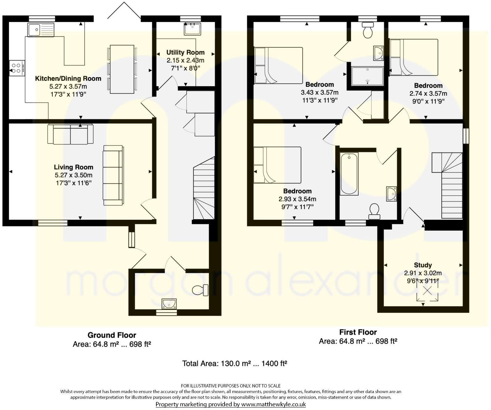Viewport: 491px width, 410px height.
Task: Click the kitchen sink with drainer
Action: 40,30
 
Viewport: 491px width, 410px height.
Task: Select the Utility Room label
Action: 185,52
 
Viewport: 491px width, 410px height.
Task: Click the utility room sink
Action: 192,29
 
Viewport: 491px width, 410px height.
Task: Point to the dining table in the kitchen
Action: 122,69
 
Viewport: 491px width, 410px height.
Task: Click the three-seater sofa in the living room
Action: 113,175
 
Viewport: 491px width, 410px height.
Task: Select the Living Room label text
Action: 73,167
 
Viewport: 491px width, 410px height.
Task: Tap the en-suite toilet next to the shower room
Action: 368,30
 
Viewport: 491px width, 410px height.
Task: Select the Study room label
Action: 423,265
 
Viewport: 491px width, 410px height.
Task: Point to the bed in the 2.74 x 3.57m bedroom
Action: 414,57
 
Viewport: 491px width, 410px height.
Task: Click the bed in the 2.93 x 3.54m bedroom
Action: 277,165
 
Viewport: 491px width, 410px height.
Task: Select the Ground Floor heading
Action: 112,335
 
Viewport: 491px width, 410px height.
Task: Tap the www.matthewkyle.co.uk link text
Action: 273,404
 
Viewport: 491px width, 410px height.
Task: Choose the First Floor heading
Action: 358,332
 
